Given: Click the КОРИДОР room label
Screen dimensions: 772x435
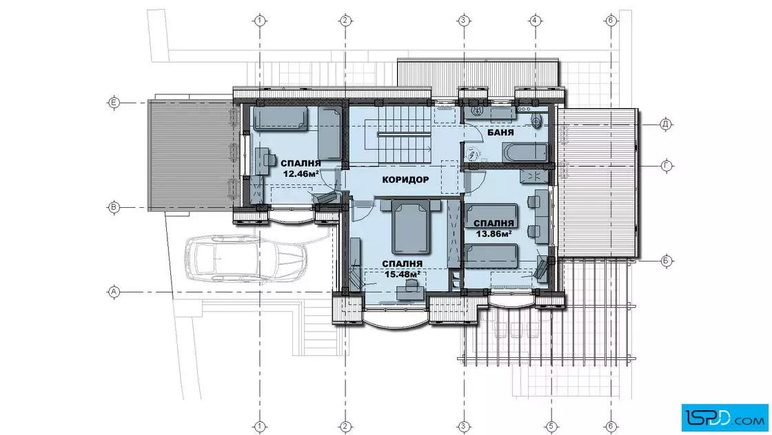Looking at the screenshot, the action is [x=405, y=180].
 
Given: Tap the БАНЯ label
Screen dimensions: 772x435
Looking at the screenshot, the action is [x=500, y=133].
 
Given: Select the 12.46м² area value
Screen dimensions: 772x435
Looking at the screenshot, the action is [x=301, y=173].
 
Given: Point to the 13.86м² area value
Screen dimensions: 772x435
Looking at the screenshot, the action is [x=493, y=233].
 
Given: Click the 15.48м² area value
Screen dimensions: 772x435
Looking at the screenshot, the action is [x=403, y=274].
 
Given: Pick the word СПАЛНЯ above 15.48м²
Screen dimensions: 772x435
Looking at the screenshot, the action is [x=403, y=264].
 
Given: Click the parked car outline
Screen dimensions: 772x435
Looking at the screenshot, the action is [x=245, y=259].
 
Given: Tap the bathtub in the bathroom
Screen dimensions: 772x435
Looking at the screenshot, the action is [x=525, y=151].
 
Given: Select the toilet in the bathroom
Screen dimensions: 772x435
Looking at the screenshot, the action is [x=537, y=120].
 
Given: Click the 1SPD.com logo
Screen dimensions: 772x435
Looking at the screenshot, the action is [x=724, y=418].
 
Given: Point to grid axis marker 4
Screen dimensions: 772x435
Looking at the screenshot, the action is [x=535, y=21].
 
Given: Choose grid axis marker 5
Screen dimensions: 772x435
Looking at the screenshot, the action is [x=551, y=425].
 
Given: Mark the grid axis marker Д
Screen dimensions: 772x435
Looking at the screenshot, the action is [x=666, y=125].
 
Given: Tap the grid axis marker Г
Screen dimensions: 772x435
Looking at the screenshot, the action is [x=666, y=166].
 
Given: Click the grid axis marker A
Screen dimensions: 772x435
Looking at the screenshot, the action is [x=114, y=292].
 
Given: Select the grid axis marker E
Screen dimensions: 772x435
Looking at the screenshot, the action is [x=114, y=103].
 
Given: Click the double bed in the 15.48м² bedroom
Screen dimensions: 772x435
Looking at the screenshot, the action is [x=410, y=226].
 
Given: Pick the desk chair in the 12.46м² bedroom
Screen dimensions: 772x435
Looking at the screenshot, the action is [x=269, y=159].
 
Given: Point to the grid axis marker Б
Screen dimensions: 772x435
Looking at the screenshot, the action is [x=666, y=260].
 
